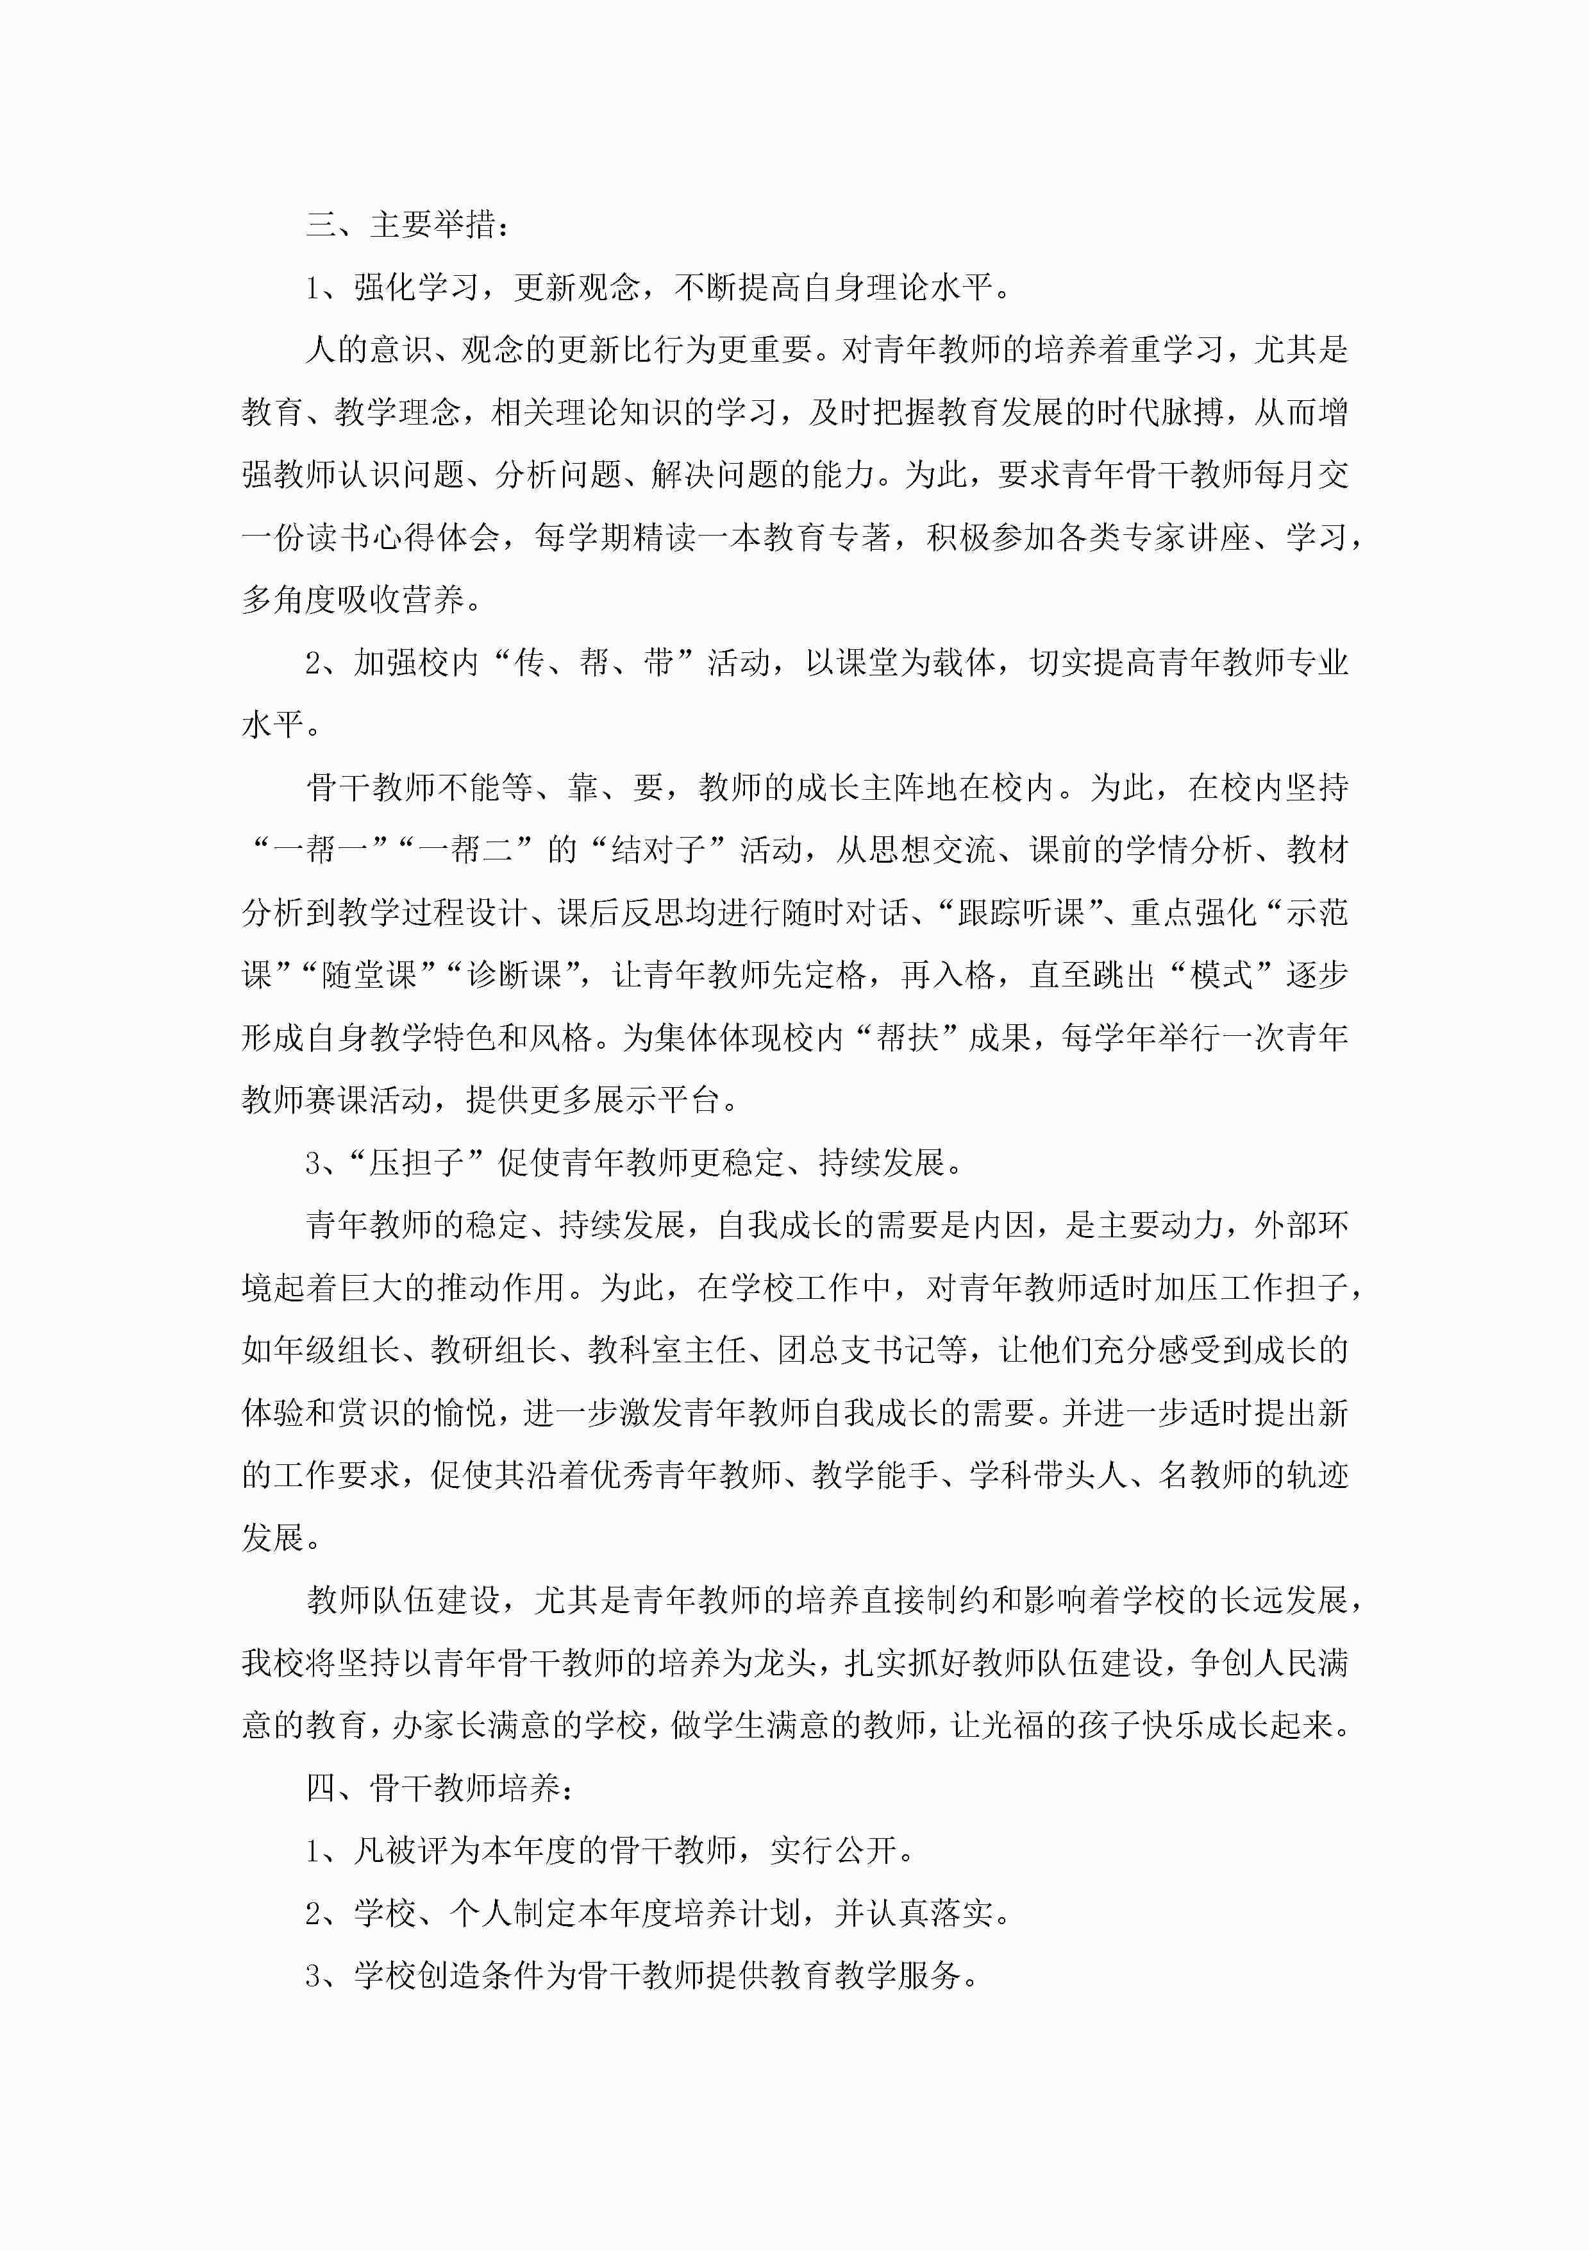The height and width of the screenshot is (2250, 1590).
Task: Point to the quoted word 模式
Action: pyautogui.click(x=1219, y=975)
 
